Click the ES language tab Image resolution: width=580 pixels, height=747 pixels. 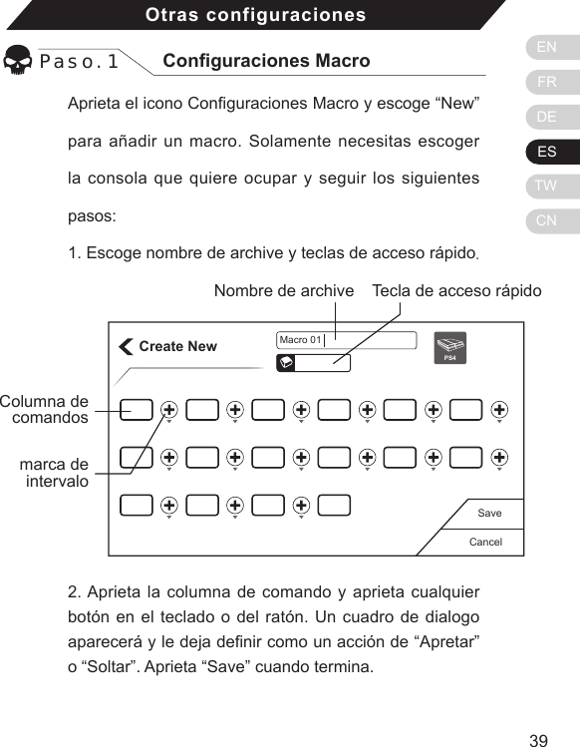(x=547, y=153)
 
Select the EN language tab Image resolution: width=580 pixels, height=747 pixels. (x=547, y=47)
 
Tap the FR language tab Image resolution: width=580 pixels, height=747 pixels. (x=547, y=83)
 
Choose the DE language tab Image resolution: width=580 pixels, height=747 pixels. (x=547, y=118)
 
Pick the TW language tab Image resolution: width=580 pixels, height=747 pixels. (x=547, y=187)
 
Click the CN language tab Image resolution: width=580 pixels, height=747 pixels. (x=547, y=220)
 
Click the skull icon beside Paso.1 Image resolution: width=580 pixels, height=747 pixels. (x=18, y=62)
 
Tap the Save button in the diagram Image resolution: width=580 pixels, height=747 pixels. (x=489, y=513)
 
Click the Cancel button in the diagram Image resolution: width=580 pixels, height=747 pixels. (x=484, y=543)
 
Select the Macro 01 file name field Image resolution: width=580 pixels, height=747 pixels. (x=345, y=340)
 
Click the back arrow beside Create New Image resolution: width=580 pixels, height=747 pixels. (x=126, y=347)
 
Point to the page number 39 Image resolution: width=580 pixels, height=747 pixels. (x=538, y=740)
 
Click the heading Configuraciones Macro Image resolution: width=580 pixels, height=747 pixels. (x=265, y=61)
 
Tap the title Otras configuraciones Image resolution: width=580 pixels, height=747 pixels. (x=255, y=15)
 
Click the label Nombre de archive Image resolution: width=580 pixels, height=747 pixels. (x=284, y=291)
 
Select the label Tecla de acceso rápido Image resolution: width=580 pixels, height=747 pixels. (x=456, y=291)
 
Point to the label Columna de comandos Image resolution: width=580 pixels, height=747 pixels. (x=45, y=409)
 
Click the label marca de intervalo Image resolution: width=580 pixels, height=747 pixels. (x=54, y=473)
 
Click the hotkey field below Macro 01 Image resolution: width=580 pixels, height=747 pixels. (x=313, y=363)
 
